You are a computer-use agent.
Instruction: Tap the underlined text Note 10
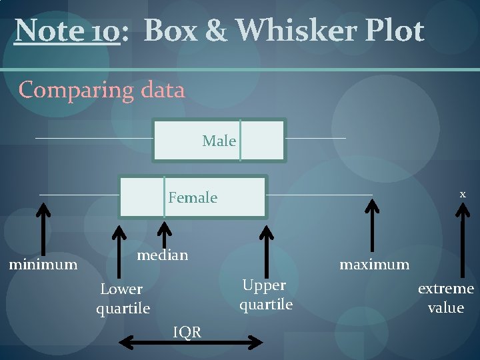(67, 31)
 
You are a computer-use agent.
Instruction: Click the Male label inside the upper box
(219, 141)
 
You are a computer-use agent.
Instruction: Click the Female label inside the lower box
(193, 197)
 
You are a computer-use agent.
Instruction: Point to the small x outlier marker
(462, 193)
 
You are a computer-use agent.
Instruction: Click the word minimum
(43, 265)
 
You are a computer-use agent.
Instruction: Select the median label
(162, 255)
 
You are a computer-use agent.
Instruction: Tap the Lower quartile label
(123, 299)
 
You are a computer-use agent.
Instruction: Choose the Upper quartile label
(265, 295)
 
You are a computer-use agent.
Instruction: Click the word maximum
(374, 265)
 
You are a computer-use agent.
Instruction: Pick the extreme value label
(445, 298)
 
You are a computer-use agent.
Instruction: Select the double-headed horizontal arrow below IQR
(191, 343)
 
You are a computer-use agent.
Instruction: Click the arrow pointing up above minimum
(43, 230)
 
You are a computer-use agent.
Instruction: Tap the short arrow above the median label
(163, 233)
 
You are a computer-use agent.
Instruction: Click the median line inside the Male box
(240, 140)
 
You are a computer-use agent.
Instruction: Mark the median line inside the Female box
(164, 197)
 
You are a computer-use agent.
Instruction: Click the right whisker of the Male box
(316, 138)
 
